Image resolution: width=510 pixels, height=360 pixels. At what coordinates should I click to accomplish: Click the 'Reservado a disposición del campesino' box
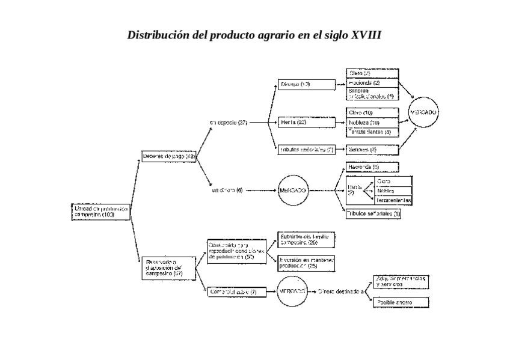(169, 267)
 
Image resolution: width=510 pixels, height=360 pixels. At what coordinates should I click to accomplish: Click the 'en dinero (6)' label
(227, 191)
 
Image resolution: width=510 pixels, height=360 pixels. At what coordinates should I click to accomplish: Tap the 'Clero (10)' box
(373, 113)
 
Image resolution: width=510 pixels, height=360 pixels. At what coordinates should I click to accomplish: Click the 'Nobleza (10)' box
(373, 123)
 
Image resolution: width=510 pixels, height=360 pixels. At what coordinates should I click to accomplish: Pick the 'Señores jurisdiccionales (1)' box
(373, 93)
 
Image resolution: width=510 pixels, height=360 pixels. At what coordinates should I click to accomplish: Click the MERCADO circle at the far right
(423, 113)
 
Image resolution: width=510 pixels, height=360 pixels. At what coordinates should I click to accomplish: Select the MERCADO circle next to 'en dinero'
(293, 191)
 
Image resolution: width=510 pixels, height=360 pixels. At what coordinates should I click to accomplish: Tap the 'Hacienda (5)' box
(372, 166)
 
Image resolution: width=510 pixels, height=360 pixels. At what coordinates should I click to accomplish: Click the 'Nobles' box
(393, 191)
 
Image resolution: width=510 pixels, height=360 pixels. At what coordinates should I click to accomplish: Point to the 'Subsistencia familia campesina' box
(306, 240)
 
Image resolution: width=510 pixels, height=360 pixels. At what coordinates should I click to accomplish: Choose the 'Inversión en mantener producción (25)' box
(306, 263)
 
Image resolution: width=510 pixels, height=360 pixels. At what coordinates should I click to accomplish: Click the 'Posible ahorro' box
(401, 302)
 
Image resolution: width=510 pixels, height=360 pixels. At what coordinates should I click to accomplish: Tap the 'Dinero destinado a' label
(341, 291)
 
